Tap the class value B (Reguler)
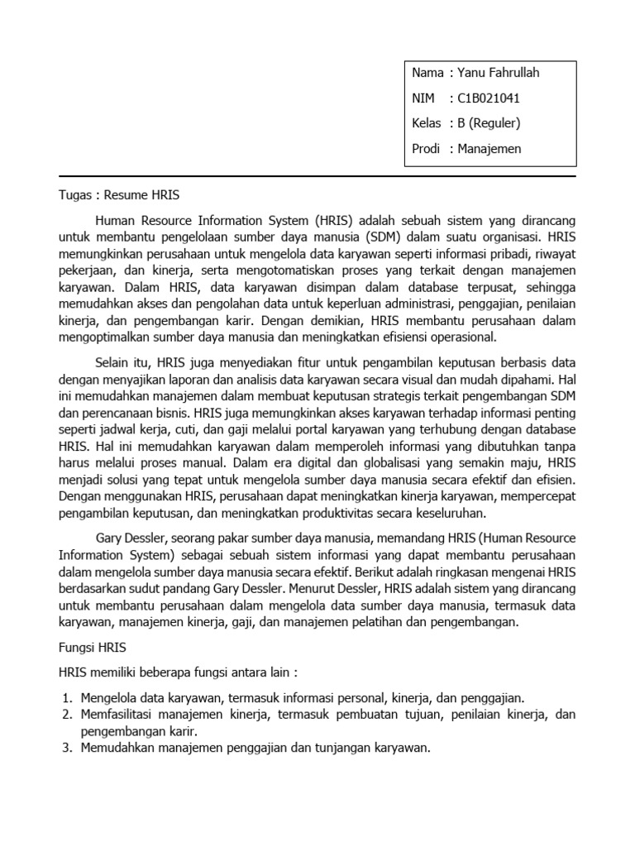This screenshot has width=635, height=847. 490,123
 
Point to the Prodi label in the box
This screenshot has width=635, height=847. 427,149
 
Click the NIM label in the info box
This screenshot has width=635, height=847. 423,98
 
